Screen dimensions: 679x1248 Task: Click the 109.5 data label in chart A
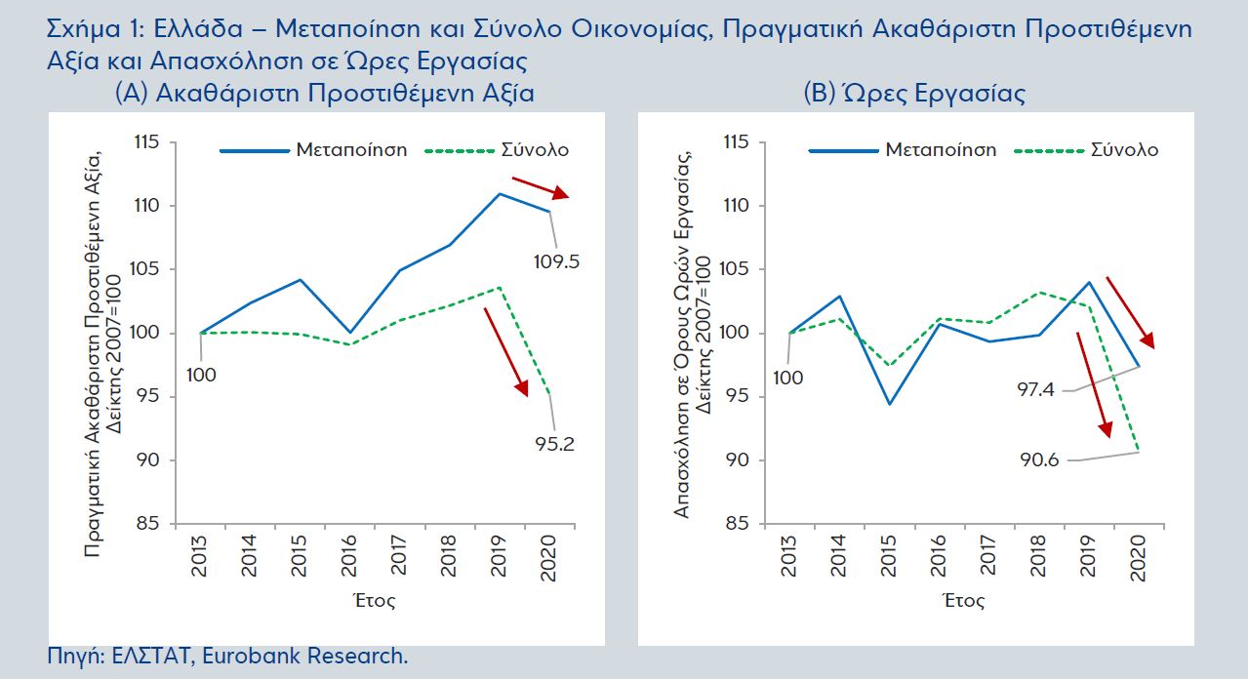(555, 261)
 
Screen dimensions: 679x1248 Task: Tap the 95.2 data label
(555, 444)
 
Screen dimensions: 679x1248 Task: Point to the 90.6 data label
(1039, 459)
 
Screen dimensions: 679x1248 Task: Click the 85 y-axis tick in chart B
(738, 524)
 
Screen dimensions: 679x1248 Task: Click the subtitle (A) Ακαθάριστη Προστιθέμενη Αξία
(324, 95)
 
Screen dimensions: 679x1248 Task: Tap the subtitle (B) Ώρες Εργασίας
(913, 95)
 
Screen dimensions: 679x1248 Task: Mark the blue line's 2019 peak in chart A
(500, 194)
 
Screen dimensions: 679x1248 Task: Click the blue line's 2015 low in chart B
(889, 404)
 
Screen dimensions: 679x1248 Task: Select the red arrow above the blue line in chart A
(540, 188)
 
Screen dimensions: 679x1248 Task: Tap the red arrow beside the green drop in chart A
(506, 350)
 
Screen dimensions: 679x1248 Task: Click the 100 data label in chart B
(788, 376)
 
